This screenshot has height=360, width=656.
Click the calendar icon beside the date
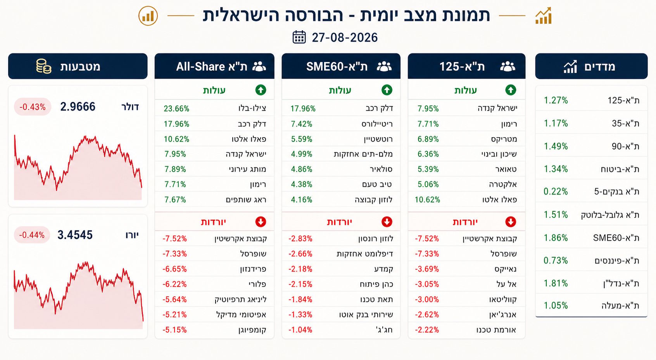pyautogui.click(x=299, y=37)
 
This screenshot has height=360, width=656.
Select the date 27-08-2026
pyautogui.click(x=345, y=38)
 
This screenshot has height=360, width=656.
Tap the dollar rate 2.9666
pyautogui.click(x=78, y=107)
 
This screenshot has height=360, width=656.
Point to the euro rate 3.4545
pyautogui.click(x=75, y=235)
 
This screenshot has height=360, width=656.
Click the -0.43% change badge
pyautogui.click(x=33, y=107)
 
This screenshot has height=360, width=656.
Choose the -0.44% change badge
pyautogui.click(x=32, y=235)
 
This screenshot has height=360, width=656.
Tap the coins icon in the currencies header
pyautogui.click(x=44, y=66)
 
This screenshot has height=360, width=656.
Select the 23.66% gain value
pyautogui.click(x=176, y=109)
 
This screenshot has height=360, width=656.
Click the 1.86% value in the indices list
pyautogui.click(x=556, y=238)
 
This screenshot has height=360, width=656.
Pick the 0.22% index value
pyautogui.click(x=556, y=191)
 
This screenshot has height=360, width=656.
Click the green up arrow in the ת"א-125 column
pyautogui.click(x=511, y=90)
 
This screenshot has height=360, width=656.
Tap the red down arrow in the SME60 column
pyautogui.click(x=387, y=222)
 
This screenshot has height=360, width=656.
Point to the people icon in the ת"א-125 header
pyautogui.click(x=508, y=66)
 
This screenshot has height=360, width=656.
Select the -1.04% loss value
pyautogui.click(x=300, y=330)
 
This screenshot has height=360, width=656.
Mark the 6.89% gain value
pyautogui.click(x=428, y=139)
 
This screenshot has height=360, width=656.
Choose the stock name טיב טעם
pyautogui.click(x=377, y=184)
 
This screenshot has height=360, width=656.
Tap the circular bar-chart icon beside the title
pyautogui.click(x=148, y=16)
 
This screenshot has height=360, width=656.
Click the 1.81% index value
pyautogui.click(x=556, y=283)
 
